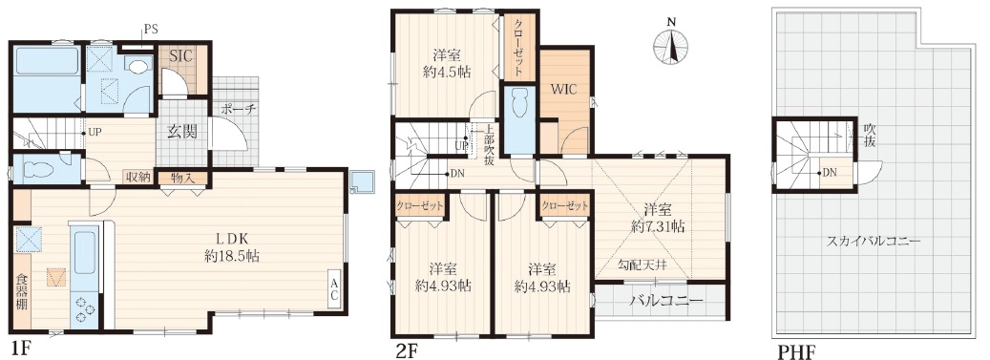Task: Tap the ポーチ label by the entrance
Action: tap(239, 109)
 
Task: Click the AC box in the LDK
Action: tap(335, 290)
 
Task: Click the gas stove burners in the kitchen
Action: tap(85, 309)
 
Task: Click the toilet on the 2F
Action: tap(520, 107)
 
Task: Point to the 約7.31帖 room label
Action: tap(657, 217)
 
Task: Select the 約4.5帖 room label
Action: tap(447, 62)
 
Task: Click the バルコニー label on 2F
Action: tap(665, 301)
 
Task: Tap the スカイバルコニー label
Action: tap(872, 241)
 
